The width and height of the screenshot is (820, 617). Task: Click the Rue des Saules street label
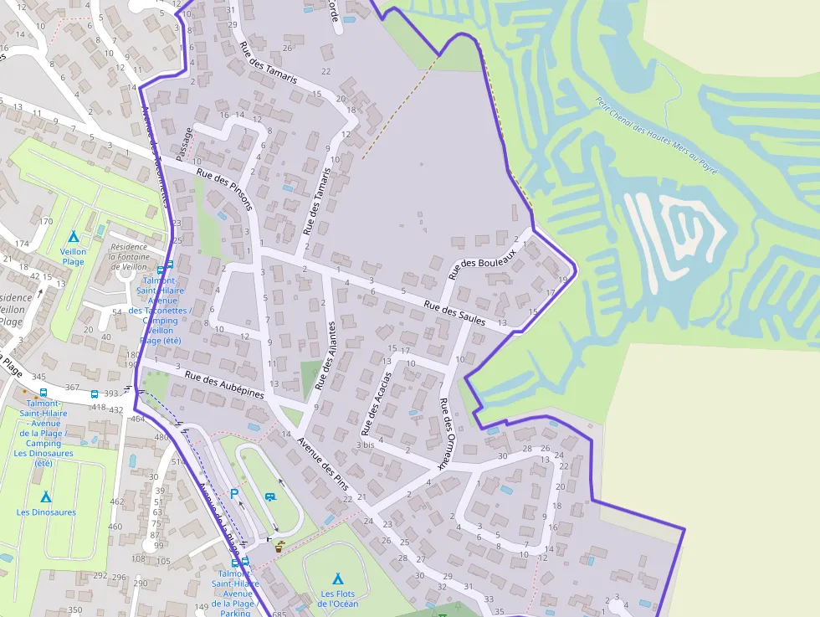[454, 312]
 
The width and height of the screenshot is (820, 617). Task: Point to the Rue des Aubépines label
[223, 384]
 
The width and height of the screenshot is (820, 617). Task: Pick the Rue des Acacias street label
[377, 404]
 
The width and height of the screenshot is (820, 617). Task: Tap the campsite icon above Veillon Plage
[73, 237]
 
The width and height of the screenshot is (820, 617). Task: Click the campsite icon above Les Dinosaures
[45, 497]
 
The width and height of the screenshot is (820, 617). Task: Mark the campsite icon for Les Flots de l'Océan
[338, 578]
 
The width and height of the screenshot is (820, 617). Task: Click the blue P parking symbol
[234, 494]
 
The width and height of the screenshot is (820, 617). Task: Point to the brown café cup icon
[279, 546]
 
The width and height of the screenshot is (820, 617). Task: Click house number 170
[46, 221]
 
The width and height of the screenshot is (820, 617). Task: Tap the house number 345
[38, 378]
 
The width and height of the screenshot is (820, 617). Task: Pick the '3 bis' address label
[365, 445]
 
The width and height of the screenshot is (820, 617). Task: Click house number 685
[279, 614]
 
